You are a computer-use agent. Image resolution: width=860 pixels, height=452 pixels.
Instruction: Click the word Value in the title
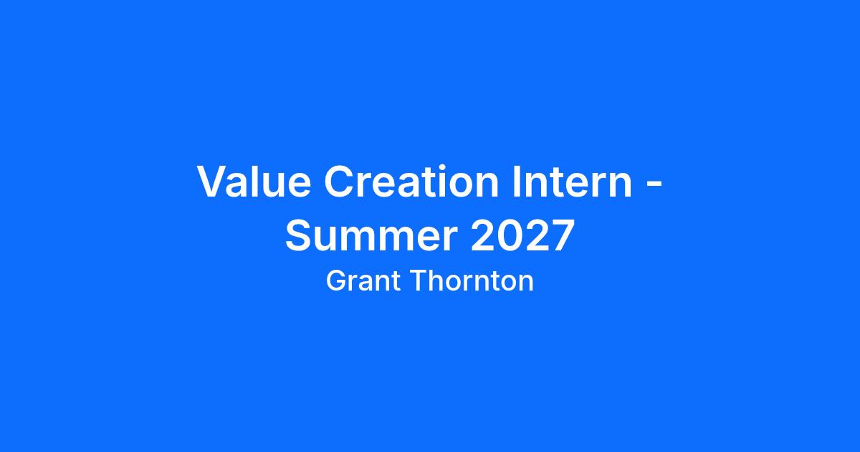coord(254,181)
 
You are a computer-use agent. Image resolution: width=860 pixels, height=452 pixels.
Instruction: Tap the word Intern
coord(572,181)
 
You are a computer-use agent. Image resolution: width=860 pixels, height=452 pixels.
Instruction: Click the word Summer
coord(371,235)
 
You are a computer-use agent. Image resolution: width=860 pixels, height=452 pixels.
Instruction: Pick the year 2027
coord(522,235)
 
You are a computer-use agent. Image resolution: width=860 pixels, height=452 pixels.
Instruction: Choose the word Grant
coord(363,281)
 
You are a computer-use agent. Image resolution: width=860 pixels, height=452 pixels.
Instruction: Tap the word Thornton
coord(472,281)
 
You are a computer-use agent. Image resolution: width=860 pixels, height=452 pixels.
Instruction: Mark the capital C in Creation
coord(340,181)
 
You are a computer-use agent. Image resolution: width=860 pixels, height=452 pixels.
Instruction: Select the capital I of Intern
coord(517,182)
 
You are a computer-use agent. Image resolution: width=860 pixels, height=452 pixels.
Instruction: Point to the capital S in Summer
coord(299,235)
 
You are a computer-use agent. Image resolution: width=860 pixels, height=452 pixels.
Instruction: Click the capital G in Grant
coord(337,281)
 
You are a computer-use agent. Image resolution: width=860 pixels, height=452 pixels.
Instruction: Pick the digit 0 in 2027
coord(510,235)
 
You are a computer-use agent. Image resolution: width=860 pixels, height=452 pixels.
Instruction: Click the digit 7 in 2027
coord(562,235)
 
